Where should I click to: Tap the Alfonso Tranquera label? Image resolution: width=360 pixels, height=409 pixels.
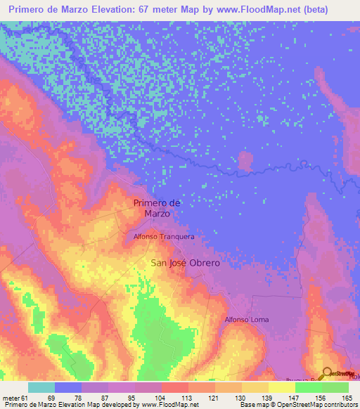click(164, 238)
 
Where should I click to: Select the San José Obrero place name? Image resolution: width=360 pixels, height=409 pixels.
click(186, 263)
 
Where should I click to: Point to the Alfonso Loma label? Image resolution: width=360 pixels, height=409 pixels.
click(246, 320)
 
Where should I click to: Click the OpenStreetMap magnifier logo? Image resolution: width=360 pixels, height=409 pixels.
click(328, 373)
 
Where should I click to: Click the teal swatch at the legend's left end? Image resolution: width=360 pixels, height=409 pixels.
click(41, 387)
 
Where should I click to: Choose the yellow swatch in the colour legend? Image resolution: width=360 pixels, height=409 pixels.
click(282, 387)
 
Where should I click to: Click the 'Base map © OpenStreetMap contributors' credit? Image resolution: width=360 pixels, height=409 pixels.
click(299, 405)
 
